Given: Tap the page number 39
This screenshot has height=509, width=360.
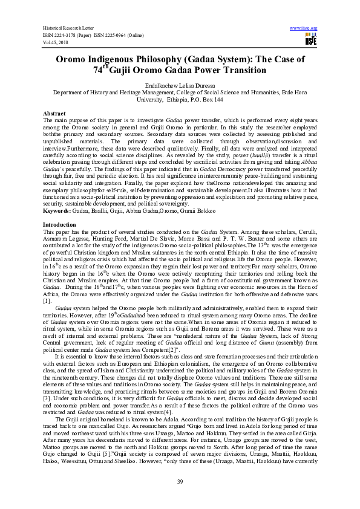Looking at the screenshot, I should click(180, 481).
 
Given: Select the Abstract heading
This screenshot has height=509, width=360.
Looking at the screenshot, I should click(54, 114).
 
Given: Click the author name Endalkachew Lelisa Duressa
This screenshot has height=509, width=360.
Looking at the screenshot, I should click(180, 86).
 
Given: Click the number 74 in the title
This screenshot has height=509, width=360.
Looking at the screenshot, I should click(98, 71).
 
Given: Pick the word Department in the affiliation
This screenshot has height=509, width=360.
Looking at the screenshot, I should click(70, 93).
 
